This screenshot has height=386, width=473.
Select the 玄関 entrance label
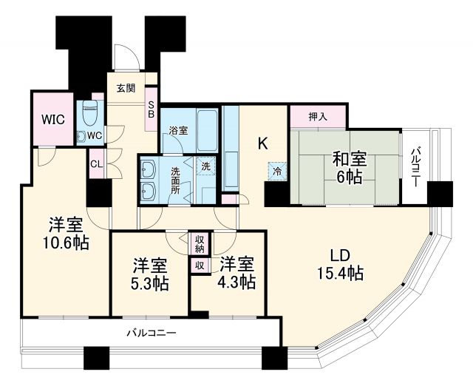coord(126,88)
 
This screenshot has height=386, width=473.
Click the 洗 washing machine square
coord(205,166)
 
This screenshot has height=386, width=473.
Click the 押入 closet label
coord(317,118)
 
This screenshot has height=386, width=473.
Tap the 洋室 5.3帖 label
coord(150,274)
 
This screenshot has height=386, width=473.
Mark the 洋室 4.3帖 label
coord(236,273)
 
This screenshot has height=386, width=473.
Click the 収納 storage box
coord(200,243)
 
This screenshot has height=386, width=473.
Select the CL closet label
coord(96,165)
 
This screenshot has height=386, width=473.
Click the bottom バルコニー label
coord(150,333)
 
